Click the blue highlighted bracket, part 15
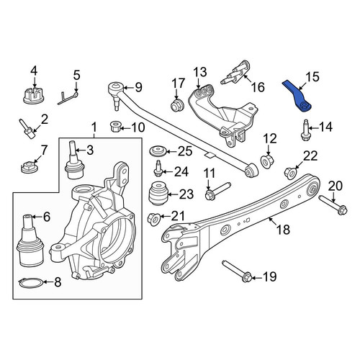click(297, 96)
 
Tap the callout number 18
click(283, 229)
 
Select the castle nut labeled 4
click(33, 95)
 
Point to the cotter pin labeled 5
click(68, 99)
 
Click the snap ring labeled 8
click(31, 283)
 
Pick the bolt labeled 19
click(237, 272)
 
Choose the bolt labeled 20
click(333, 204)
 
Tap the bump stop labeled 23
click(158, 194)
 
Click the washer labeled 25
click(157, 151)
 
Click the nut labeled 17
click(177, 105)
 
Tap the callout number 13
click(200, 72)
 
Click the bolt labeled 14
click(305, 130)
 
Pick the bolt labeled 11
click(217, 192)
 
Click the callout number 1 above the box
click(94, 127)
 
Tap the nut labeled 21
click(153, 219)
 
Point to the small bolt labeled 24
click(158, 168)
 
